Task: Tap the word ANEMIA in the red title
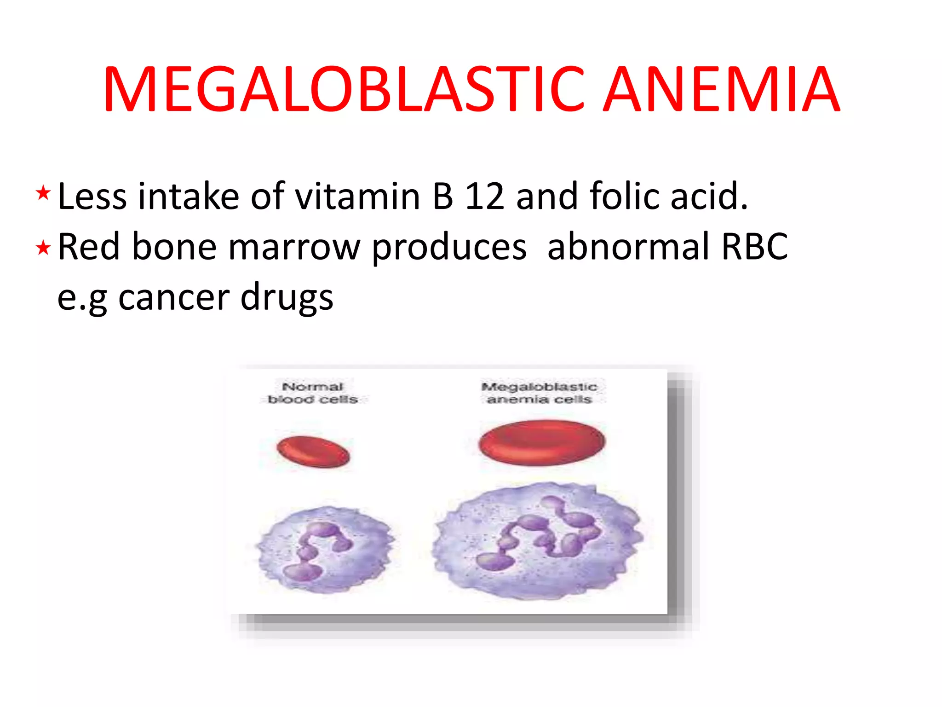click(x=721, y=89)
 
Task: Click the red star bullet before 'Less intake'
click(x=43, y=193)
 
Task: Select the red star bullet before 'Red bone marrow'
click(x=43, y=248)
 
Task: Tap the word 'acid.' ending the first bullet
click(x=709, y=197)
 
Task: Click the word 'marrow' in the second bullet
click(x=294, y=247)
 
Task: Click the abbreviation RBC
click(x=754, y=247)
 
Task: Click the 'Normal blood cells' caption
click(x=313, y=393)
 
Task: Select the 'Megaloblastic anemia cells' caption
click(x=539, y=393)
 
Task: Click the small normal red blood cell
click(x=313, y=452)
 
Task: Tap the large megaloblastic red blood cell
click(x=542, y=442)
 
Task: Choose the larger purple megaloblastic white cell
click(x=537, y=540)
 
